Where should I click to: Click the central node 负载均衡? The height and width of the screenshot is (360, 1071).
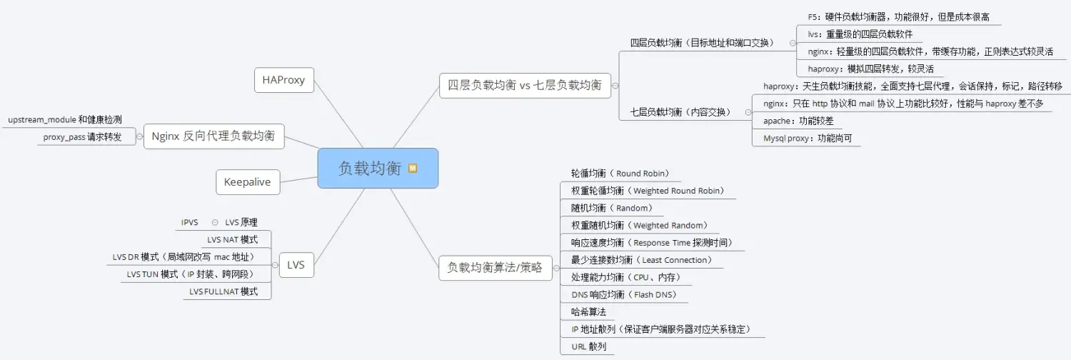tap(370, 169)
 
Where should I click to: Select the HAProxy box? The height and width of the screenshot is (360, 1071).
tap(283, 80)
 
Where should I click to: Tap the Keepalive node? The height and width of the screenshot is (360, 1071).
tap(248, 182)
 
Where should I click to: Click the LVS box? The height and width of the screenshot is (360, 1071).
tap(296, 265)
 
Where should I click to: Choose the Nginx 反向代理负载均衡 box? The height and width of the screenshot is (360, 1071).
tap(213, 136)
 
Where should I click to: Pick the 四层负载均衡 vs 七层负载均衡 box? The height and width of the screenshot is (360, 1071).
tap(524, 86)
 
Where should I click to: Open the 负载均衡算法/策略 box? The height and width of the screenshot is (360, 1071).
tap(495, 268)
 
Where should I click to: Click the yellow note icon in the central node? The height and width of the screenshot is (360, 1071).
tap(413, 169)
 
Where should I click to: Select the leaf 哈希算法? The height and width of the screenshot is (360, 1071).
tap(589, 312)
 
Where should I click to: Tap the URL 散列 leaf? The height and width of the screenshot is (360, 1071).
tap(589, 346)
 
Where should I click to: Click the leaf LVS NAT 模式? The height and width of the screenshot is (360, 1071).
tap(232, 239)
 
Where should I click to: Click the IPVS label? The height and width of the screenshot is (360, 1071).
tap(189, 222)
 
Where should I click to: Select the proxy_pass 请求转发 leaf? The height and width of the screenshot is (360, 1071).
tap(82, 137)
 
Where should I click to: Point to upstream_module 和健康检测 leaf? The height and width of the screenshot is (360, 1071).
tap(65, 119)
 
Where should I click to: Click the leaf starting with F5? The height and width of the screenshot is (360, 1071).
tap(897, 16)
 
